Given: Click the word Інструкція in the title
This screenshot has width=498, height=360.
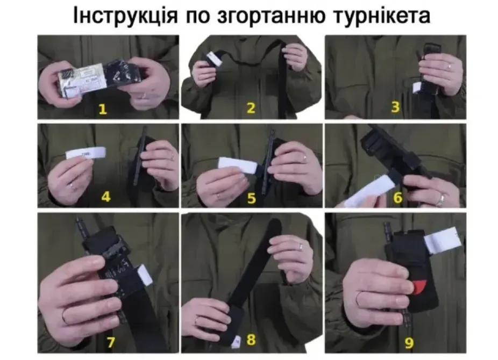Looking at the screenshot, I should (124, 16).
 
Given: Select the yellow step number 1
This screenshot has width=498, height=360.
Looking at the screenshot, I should (102, 110).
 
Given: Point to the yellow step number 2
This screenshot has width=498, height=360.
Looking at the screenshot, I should (251, 108).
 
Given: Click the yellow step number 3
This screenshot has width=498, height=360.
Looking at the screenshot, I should (395, 107).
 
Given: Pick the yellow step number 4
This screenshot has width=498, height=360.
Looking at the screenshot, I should (106, 197).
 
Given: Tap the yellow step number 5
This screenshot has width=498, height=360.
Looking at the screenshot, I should (251, 198).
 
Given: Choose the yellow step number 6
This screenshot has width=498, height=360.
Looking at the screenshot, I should (397, 198).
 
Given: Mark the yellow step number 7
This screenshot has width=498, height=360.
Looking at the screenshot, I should (111, 342).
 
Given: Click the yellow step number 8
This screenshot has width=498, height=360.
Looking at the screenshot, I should (251, 340).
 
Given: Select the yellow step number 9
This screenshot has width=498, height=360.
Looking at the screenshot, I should (409, 342).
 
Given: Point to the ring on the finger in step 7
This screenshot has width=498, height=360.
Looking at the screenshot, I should (65, 317).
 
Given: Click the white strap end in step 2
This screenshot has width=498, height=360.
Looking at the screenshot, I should (215, 59).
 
